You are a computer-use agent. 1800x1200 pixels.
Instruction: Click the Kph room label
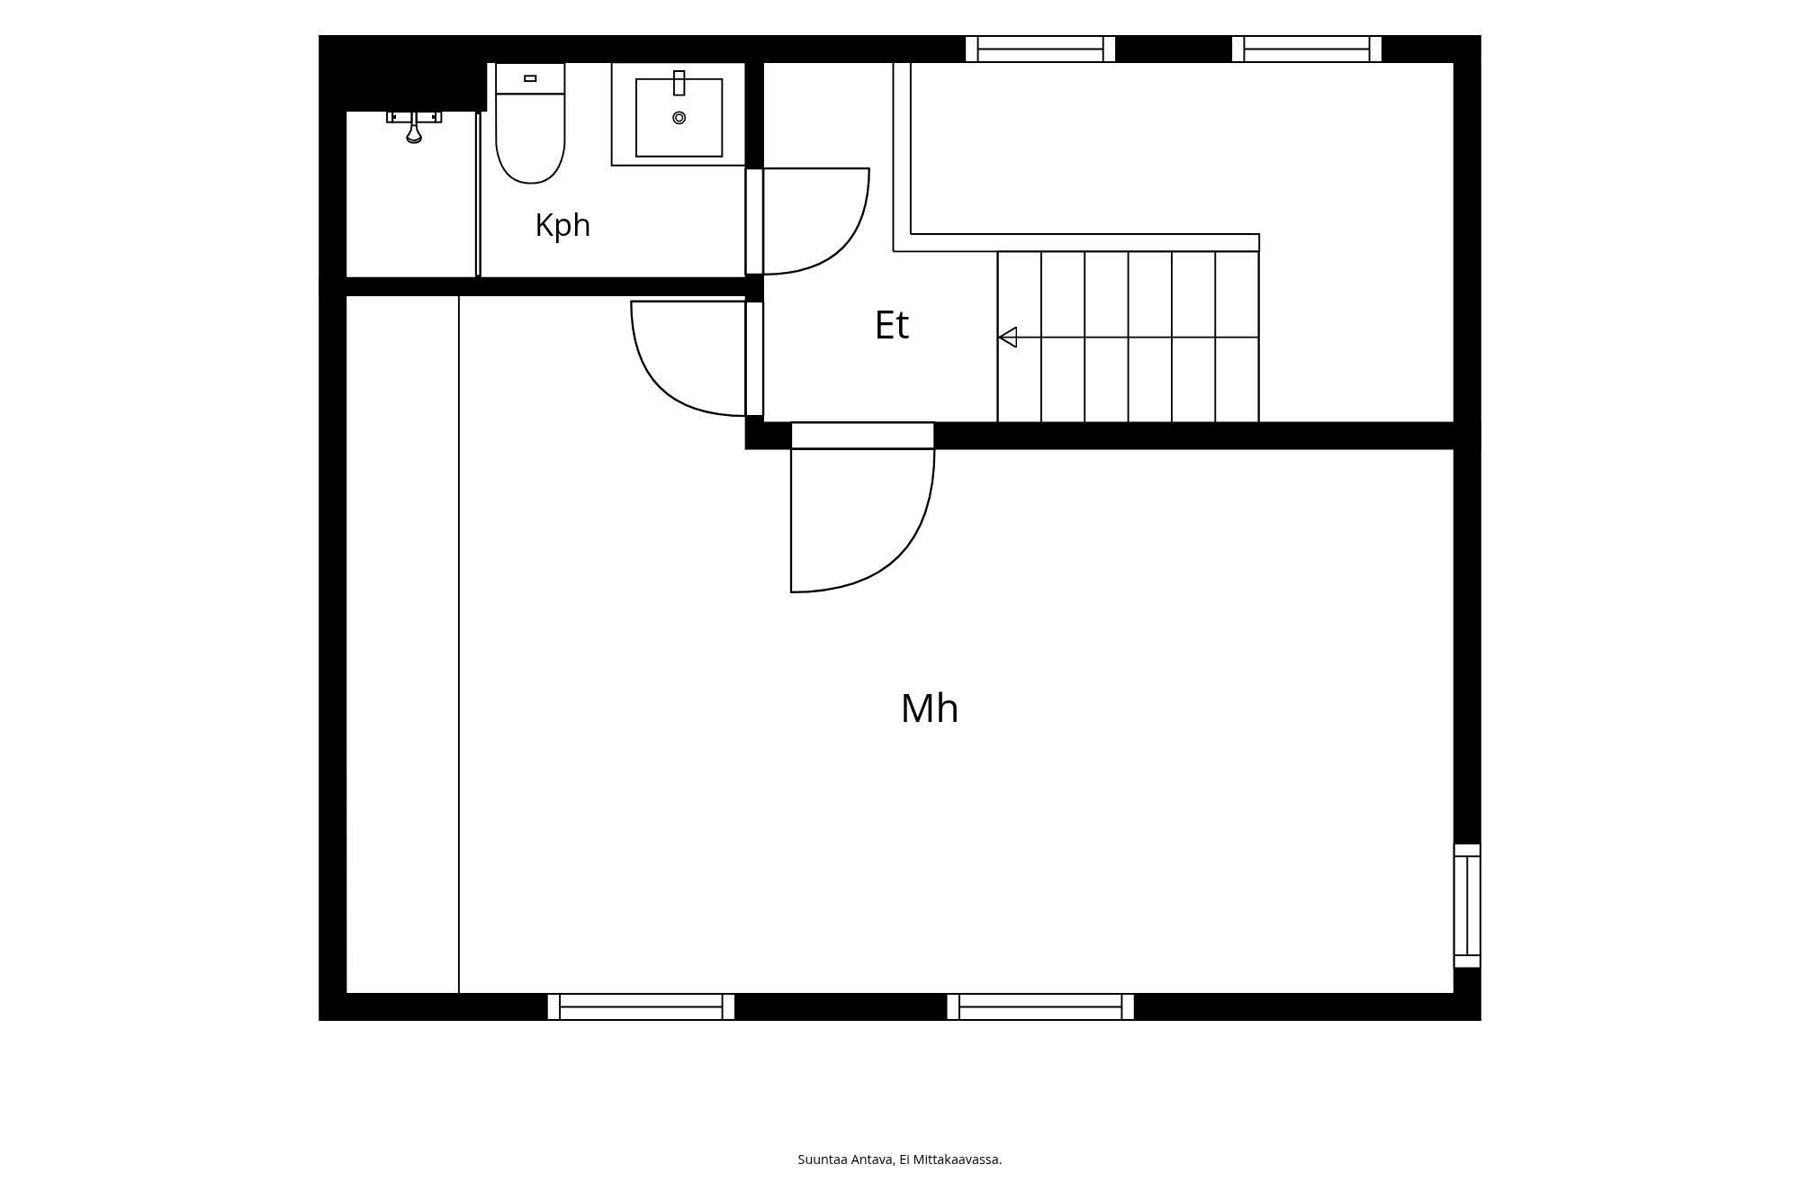[562, 225]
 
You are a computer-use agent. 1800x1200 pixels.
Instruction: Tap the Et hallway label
[892, 325]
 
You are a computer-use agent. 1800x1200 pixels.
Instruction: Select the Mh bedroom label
[930, 708]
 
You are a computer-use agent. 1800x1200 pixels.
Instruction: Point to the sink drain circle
[679, 118]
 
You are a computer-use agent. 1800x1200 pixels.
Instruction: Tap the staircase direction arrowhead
[1008, 338]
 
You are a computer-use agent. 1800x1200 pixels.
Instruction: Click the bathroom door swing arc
[841, 243]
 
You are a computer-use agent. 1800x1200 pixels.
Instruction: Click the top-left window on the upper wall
[1040, 49]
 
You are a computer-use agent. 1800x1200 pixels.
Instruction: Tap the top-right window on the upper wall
[1307, 49]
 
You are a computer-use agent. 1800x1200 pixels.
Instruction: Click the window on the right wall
[1467, 906]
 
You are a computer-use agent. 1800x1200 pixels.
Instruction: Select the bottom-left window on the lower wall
[641, 1006]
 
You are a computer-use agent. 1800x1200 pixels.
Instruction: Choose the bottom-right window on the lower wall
[1040, 1006]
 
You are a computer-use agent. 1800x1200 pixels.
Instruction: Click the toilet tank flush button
[530, 78]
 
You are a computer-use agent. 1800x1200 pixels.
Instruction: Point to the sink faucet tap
[679, 83]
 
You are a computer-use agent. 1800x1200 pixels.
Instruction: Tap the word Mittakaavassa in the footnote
[957, 1159]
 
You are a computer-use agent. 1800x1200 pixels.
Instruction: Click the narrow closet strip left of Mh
[402, 645]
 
